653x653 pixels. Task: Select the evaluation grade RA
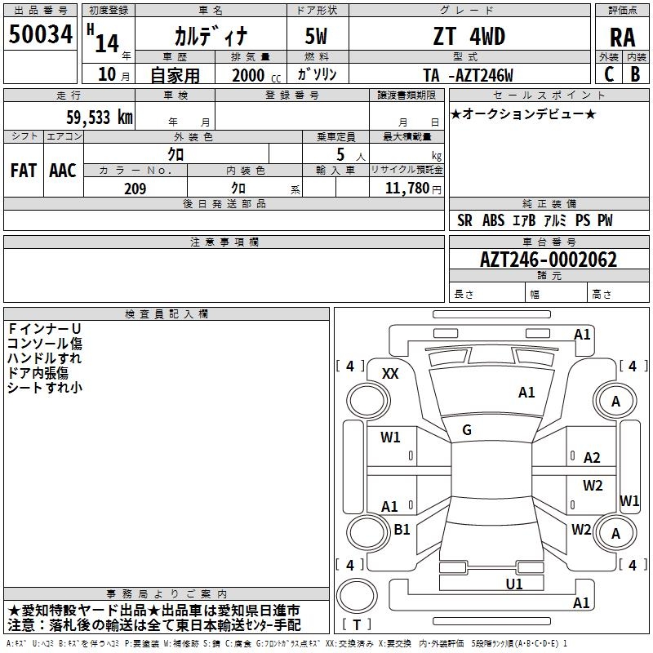622,37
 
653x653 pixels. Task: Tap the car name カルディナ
209,36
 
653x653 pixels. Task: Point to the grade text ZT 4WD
469,37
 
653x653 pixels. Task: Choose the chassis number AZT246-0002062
549,260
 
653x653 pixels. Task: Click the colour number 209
135,189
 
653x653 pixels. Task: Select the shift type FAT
23,171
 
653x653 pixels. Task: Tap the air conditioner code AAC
62,171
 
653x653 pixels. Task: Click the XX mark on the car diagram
390,373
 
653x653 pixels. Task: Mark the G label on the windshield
467,429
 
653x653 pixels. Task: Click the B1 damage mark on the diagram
402,530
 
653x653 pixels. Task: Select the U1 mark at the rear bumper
514,584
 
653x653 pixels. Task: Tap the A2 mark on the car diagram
592,458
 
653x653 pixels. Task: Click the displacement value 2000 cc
251,75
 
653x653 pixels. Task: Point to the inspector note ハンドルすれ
44,358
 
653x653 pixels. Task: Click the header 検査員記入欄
167,314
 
